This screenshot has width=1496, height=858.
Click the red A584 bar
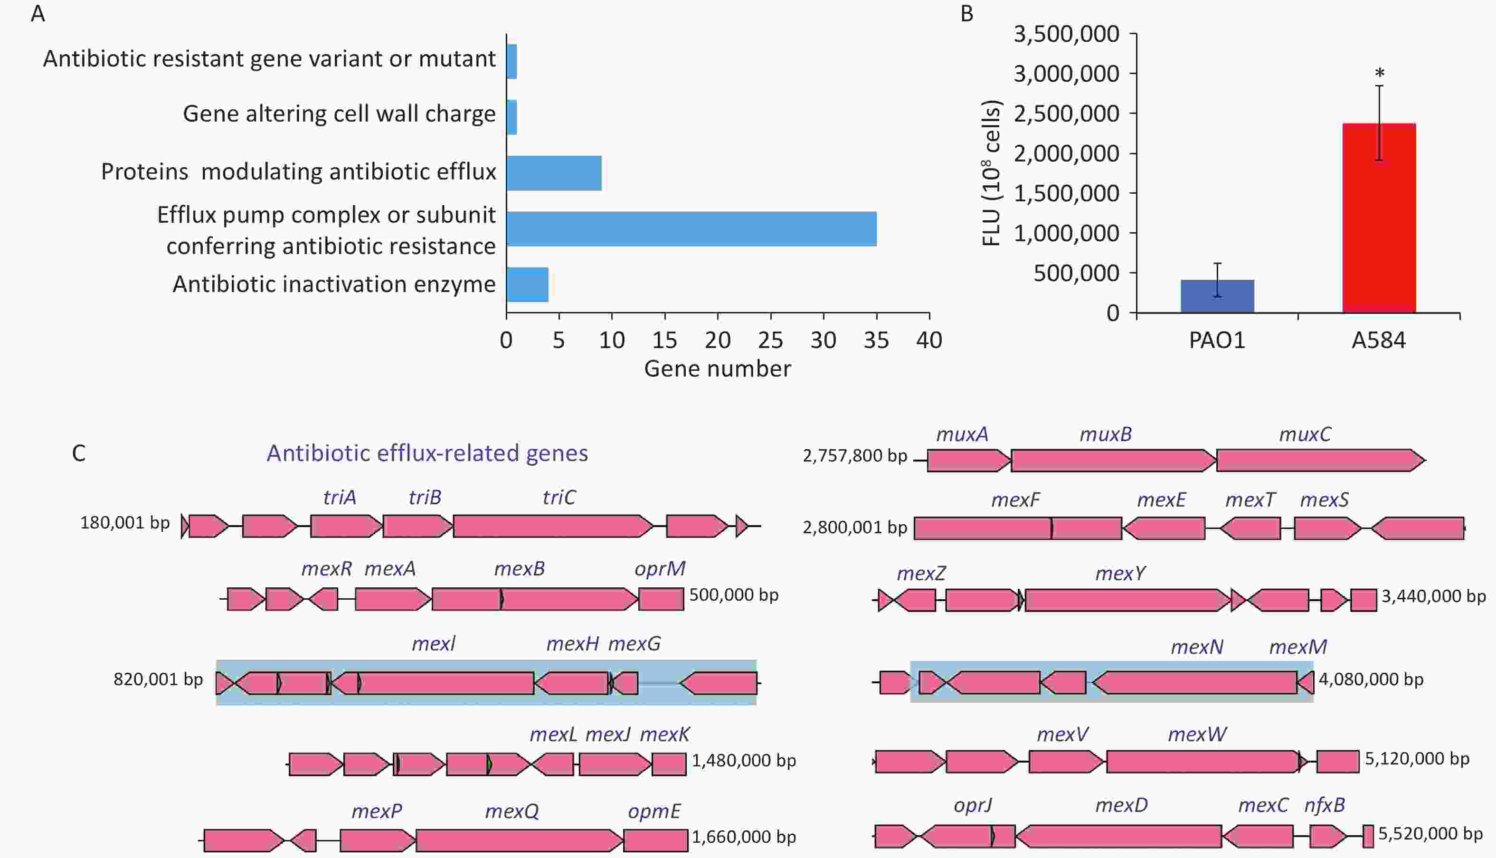tap(1379, 217)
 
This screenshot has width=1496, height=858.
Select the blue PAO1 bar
tap(1217, 296)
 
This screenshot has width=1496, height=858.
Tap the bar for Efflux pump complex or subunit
tap(691, 229)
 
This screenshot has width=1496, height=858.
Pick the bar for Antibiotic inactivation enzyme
tap(527, 284)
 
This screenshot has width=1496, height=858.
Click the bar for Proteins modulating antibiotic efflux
tap(554, 173)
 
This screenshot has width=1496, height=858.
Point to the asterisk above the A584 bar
tap(1379, 74)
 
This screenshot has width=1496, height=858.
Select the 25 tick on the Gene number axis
tap(771, 340)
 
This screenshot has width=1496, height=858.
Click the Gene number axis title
tap(717, 369)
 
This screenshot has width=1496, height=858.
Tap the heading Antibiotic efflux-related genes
tap(427, 453)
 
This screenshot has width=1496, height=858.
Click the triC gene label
tap(559, 497)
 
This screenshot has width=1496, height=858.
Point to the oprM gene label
tap(660, 569)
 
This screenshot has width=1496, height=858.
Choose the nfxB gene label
tap(1325, 805)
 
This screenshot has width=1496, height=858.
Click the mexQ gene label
tap(511, 812)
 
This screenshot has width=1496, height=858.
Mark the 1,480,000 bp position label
tap(744, 761)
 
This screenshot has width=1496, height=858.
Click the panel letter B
tap(967, 14)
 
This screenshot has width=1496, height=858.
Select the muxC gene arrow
tap(1320, 460)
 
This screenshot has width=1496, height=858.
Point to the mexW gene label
tap(1197, 734)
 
